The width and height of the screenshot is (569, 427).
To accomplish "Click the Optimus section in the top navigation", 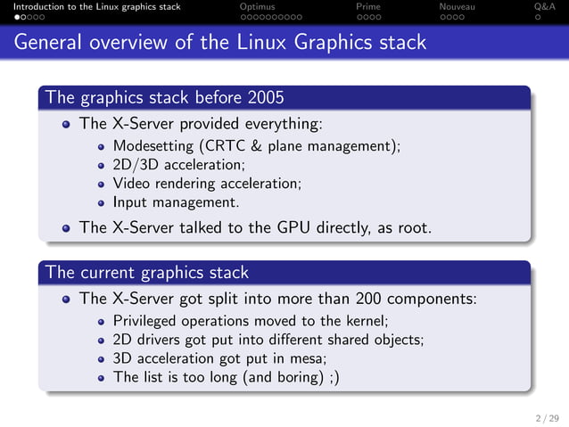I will pyautogui.click(x=258, y=6).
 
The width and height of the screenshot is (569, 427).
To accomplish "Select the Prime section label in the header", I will pyautogui.click(x=367, y=6).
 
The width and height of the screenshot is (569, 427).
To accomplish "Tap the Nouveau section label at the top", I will pyautogui.click(x=457, y=6).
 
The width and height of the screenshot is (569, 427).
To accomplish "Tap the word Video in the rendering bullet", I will pyautogui.click(x=130, y=183).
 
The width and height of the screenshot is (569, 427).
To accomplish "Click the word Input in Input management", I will pyautogui.click(x=129, y=201).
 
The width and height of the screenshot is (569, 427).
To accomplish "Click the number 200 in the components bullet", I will pyautogui.click(x=370, y=299).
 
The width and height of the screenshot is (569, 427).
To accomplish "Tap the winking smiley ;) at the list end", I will pyautogui.click(x=332, y=377).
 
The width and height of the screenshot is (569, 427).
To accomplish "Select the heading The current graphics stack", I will pyautogui.click(x=147, y=271).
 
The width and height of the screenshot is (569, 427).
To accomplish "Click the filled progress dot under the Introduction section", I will pyautogui.click(x=4, y=16).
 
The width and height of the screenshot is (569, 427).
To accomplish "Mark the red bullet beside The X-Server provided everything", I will pyautogui.click(x=67, y=124).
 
